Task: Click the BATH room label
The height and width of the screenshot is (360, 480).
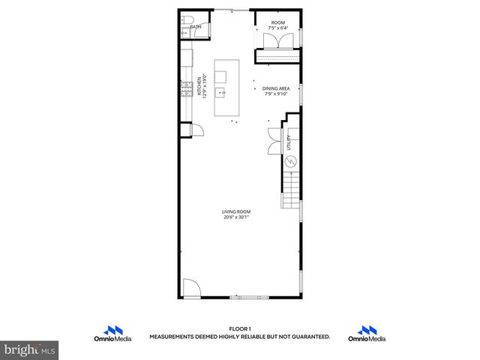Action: [196, 27]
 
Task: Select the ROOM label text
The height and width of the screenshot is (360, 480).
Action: [277, 22]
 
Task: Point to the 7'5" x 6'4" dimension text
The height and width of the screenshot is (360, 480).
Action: [277, 29]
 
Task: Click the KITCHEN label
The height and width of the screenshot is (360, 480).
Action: [199, 86]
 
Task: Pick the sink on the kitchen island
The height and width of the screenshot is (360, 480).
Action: [221, 94]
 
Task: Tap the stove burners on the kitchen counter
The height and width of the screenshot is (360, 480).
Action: [185, 92]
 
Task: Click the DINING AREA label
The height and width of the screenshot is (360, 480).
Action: [277, 88]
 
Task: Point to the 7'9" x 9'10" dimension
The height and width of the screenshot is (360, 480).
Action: [277, 94]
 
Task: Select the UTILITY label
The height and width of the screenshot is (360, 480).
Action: [289, 142]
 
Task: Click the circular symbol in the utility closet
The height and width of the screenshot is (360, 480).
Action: [292, 160]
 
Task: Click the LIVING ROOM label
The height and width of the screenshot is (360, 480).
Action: [235, 211]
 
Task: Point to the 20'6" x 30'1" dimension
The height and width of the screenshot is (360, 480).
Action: [235, 217]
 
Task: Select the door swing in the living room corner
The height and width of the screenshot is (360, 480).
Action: [190, 289]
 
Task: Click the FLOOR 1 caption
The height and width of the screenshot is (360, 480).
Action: [239, 328]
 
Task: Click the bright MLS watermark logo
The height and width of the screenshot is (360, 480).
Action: [30, 350]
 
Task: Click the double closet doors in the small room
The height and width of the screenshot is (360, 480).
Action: [277, 42]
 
